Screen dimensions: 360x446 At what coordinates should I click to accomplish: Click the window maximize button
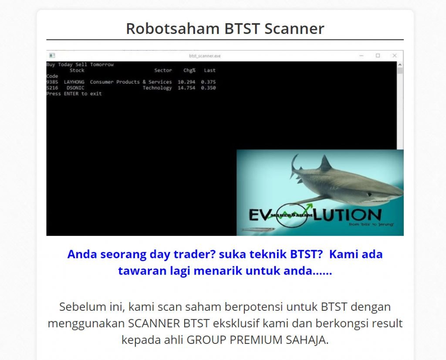(378, 56)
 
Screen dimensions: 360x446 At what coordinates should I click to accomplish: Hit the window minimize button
(362, 56)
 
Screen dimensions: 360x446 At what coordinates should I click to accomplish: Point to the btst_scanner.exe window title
(205, 56)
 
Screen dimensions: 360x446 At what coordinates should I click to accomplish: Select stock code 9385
(52, 82)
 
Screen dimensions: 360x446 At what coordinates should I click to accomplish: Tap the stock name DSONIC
(75, 88)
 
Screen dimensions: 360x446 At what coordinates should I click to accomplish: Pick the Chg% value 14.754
(186, 88)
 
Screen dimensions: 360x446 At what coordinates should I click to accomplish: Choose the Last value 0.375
(208, 82)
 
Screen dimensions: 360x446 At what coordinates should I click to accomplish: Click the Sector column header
(163, 70)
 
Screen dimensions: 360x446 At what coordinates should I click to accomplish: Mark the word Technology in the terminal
(157, 88)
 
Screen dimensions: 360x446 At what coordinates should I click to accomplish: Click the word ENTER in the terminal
(71, 94)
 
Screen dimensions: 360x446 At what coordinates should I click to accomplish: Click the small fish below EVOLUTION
(258, 229)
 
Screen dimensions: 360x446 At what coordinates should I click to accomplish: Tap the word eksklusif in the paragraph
(264, 323)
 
